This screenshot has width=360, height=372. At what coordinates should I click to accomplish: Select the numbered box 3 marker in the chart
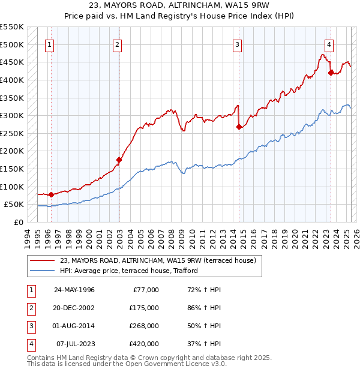pyautogui.click(x=238, y=44)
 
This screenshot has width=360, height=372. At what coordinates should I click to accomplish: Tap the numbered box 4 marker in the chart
pyautogui.click(x=329, y=44)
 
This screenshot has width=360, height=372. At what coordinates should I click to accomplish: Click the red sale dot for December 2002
pyautogui.click(x=119, y=160)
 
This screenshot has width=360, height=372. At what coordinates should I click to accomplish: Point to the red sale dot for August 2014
pyautogui.click(x=239, y=127)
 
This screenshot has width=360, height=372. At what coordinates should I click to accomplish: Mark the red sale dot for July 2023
pyautogui.click(x=331, y=73)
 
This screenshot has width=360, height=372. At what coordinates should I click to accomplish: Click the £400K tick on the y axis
pyautogui.click(x=12, y=80)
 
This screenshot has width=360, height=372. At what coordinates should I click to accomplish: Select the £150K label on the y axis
pyautogui.click(x=12, y=169)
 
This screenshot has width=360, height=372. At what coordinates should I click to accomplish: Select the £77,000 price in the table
pyautogui.click(x=145, y=290)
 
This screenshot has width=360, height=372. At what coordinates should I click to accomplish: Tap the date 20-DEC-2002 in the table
pyautogui.click(x=75, y=308)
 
